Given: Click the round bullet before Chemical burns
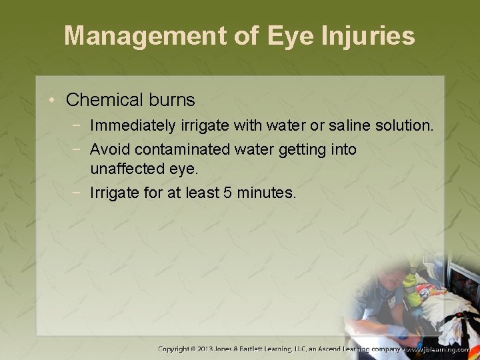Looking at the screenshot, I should coord(53,100).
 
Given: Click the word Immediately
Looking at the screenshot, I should coord(133,125).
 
